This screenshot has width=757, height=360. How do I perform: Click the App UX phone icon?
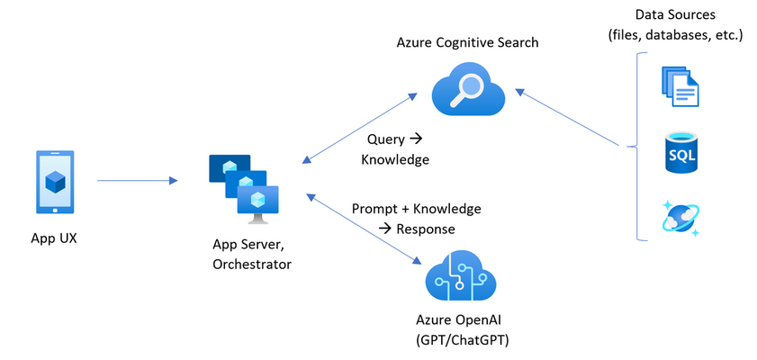point(55,182)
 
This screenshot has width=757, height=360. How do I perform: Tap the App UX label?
point(54,238)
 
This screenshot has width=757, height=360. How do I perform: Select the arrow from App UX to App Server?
point(138,181)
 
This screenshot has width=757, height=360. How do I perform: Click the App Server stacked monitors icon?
point(244,189)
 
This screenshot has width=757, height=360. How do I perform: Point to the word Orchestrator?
point(252,265)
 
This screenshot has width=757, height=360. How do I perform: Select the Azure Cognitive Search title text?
point(467,42)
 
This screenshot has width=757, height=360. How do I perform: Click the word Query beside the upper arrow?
point(386,140)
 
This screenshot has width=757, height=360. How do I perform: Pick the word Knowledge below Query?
point(395,159)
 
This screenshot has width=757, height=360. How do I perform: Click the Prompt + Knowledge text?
point(417,209)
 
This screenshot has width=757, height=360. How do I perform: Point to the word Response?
point(426,229)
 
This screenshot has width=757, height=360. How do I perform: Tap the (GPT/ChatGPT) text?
point(463,341)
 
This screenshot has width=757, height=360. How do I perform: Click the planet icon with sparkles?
point(680,220)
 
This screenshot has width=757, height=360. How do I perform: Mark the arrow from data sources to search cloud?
point(567,117)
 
